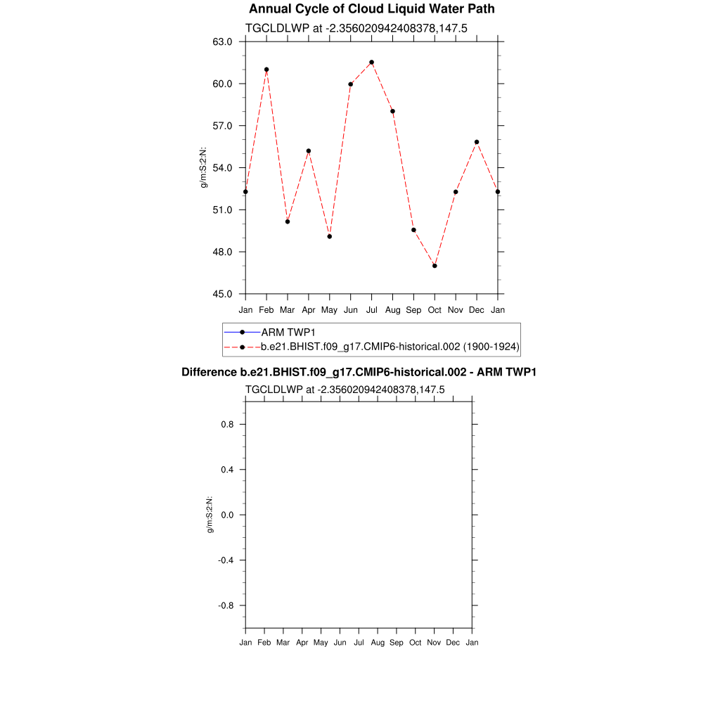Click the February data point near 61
pos(266,70)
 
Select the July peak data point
pos(371,63)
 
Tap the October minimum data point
pos(435,266)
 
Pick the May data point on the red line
pos(329,236)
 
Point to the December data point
pos(477,142)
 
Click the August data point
pos(392,111)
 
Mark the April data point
pos(308,150)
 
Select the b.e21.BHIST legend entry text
pos(390,347)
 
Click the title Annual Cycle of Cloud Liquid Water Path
pos(372,9)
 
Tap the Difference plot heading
pos(359,372)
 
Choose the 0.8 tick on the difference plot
pos(228,425)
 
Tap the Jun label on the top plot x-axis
pos(350,310)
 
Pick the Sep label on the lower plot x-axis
pos(397,643)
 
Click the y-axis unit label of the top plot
pos(204,167)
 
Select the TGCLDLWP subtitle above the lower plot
pos(345,390)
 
